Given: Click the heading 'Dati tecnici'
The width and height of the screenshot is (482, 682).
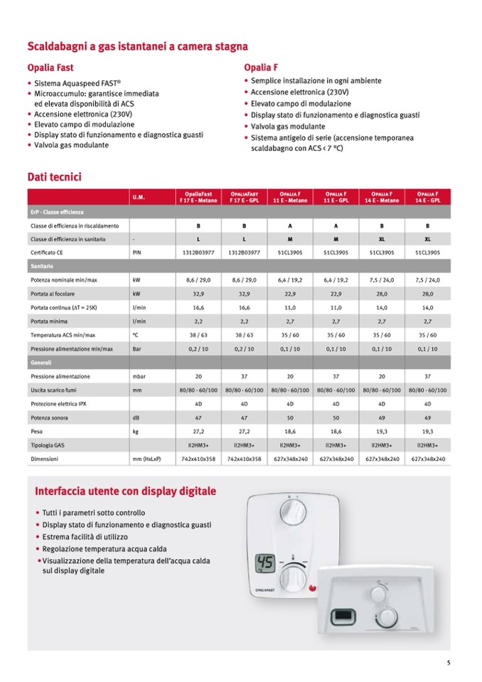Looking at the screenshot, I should (55, 175).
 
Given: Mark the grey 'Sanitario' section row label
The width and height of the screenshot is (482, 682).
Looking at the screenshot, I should (42, 266).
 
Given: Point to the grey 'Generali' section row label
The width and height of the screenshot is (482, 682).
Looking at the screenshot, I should (41, 363).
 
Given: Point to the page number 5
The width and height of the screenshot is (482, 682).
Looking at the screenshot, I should (449, 664).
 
